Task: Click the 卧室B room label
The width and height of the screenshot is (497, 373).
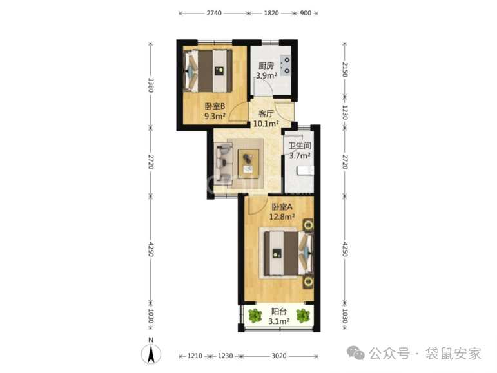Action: [215, 106]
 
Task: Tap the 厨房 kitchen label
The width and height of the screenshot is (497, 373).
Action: [266, 66]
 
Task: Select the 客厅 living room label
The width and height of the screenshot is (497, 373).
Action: [266, 113]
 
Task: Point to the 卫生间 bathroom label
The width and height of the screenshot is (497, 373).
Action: [300, 146]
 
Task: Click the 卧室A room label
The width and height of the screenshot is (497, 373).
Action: [282, 207]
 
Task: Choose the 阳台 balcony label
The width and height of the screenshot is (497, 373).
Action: [279, 312]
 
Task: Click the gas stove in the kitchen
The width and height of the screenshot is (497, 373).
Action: [286, 65]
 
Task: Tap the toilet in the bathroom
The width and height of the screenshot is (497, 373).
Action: [306, 171]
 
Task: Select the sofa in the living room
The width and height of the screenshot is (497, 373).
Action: [223, 163]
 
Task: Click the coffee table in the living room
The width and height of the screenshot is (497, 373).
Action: [249, 164]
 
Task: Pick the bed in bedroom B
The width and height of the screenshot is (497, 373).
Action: [208, 71]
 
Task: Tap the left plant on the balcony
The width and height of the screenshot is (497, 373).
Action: [255, 316]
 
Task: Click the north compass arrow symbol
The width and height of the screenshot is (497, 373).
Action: [151, 354]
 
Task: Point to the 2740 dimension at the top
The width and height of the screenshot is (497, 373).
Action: [214, 14]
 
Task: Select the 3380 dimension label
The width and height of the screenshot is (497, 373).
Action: [151, 85]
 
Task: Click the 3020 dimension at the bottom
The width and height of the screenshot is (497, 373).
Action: [279, 356]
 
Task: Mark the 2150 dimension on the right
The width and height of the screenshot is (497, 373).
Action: [345, 70]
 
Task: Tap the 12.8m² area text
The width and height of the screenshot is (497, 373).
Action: [282, 217]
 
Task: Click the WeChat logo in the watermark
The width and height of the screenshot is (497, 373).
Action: [356, 354]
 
